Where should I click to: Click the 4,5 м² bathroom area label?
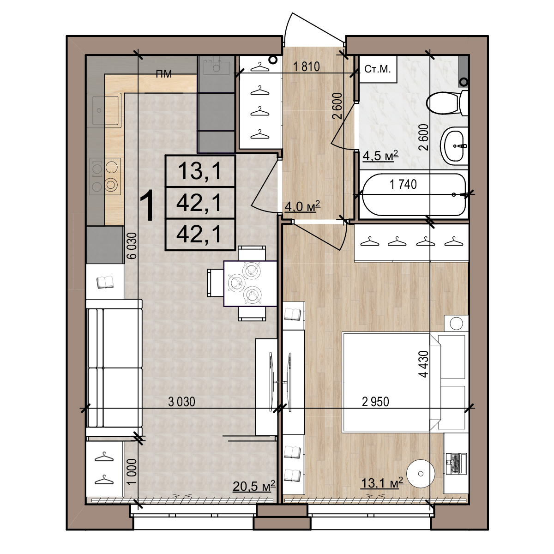(380, 156)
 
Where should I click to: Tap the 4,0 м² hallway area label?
(302, 206)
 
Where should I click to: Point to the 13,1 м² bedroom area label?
(382, 482)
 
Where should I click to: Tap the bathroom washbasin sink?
(454, 145)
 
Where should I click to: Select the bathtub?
(413, 194)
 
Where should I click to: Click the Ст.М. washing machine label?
(378, 69)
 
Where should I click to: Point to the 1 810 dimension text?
(306, 66)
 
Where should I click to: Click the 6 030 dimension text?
(132, 246)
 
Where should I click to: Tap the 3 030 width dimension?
(181, 402)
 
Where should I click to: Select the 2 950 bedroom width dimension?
(375, 402)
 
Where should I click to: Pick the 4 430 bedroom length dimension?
(424, 364)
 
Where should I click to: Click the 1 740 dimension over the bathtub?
(403, 184)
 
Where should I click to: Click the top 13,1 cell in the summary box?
(200, 171)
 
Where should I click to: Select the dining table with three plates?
(250, 283)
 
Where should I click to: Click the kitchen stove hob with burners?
(105, 176)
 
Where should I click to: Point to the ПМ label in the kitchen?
(164, 74)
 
